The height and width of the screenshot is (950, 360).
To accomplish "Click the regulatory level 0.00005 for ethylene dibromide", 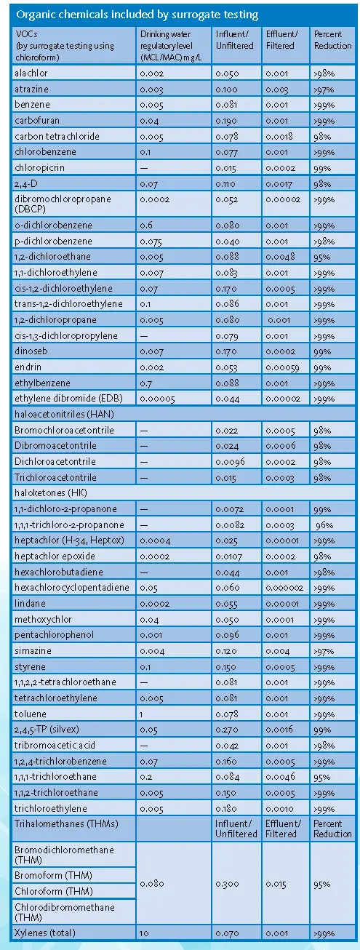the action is [x=157, y=399].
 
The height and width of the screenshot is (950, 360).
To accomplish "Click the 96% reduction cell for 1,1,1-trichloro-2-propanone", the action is [x=324, y=525].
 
